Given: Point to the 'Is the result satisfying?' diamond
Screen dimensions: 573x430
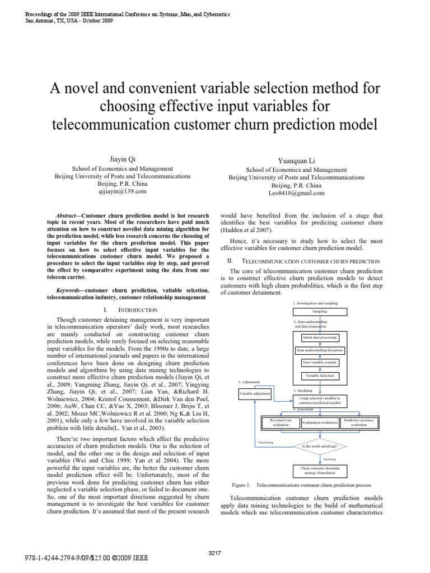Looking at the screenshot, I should coord(320,446).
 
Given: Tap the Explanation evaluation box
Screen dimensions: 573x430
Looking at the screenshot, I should coord(320,423).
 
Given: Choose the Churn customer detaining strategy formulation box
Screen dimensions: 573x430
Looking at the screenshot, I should coord(320,469).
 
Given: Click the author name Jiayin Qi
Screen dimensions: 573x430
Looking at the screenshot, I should coord(107,160).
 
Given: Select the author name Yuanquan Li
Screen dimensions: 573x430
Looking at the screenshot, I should coord(297,161).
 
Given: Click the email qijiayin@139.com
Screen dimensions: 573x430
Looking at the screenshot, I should coord(107,191).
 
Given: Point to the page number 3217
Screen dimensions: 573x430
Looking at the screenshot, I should coord(215,553).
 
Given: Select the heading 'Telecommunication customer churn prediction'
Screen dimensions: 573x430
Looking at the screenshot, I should coord(310,261).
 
